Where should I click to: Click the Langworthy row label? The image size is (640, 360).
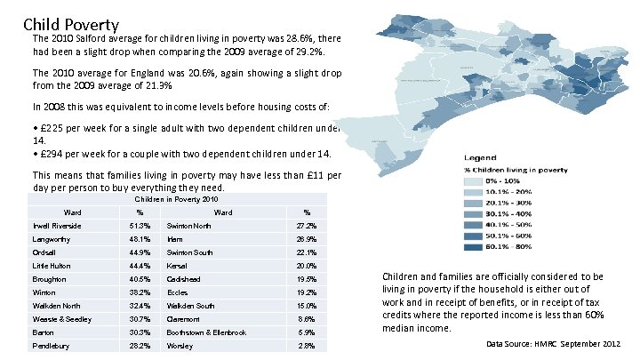click(50, 239)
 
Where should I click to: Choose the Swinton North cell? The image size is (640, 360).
click(188, 226)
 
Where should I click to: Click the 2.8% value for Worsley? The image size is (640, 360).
click(306, 345)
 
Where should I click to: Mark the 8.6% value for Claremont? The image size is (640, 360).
click(306, 318)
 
